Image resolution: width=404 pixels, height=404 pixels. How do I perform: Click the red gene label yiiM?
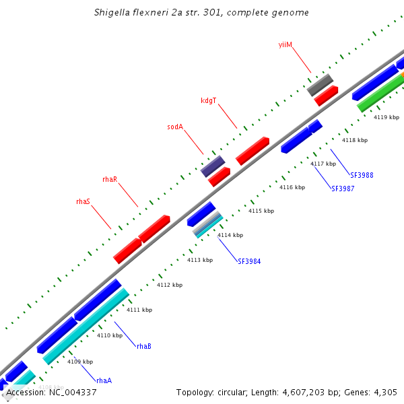click(285, 44)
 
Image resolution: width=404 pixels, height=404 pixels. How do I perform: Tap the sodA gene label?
click(175, 127)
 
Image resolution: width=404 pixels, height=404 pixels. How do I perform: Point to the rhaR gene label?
click(110, 179)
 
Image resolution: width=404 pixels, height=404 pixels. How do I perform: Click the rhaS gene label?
click(83, 201)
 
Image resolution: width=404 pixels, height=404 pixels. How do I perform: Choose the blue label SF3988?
click(362, 175)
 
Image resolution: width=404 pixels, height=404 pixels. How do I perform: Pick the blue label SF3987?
click(343, 189)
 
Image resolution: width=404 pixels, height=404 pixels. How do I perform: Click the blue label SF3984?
click(249, 261)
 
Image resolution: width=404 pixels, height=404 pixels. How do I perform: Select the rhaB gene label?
click(144, 346)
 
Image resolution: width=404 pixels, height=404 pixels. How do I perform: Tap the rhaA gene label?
click(104, 380)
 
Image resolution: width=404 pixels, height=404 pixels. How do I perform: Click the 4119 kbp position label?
click(386, 117)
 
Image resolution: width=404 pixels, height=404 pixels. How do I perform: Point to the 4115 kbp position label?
click(261, 211)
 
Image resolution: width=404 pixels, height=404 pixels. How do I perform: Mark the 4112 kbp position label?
click(170, 285)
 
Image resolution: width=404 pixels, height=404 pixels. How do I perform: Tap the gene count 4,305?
click(384, 392)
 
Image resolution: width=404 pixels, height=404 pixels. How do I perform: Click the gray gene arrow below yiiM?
click(320, 84)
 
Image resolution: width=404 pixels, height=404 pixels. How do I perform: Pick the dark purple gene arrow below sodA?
click(213, 166)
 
